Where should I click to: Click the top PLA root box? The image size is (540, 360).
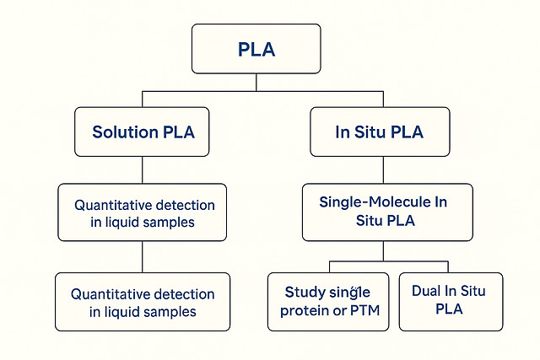[256, 48]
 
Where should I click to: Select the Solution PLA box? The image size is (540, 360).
[142, 132]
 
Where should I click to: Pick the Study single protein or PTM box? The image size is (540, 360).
[328, 301]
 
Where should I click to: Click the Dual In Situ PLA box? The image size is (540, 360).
[450, 301]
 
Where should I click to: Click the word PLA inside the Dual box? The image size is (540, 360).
[450, 310]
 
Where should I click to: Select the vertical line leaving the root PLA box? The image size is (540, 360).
[256, 82]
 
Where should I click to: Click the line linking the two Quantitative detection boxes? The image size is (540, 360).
[142, 256]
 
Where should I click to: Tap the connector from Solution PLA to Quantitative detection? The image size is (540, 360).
[142, 169]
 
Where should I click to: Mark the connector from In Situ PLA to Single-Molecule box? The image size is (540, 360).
[383, 169]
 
